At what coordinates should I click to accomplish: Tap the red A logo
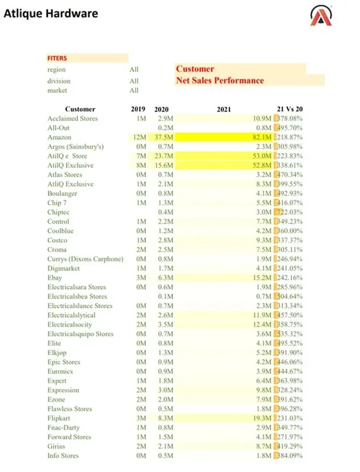(322, 17)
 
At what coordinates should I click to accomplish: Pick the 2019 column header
(138, 109)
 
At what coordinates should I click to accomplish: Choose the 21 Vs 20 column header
(290, 109)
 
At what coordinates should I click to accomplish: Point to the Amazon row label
(60, 137)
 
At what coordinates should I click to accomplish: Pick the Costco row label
(57, 240)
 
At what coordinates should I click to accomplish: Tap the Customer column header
(80, 109)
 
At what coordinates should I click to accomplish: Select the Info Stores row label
(63, 457)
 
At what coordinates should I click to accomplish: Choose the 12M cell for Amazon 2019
(139, 137)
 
